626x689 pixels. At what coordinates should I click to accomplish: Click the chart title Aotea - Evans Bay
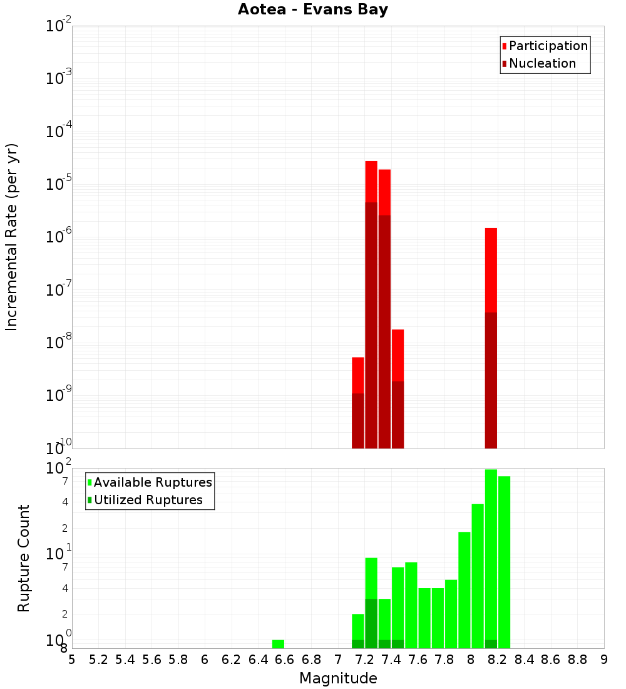pyautogui.click(x=313, y=10)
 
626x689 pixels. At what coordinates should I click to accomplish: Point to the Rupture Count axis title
pyautogui.click(x=24, y=558)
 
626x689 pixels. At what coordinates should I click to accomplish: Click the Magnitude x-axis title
pyautogui.click(x=338, y=678)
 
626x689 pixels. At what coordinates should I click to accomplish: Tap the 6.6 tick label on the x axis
pyautogui.click(x=285, y=660)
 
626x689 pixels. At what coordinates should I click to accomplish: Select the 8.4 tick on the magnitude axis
pyautogui.click(x=525, y=660)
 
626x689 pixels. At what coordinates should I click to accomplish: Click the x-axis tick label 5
pyautogui.click(x=72, y=660)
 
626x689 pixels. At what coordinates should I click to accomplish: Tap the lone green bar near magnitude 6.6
pyautogui.click(x=278, y=644)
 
